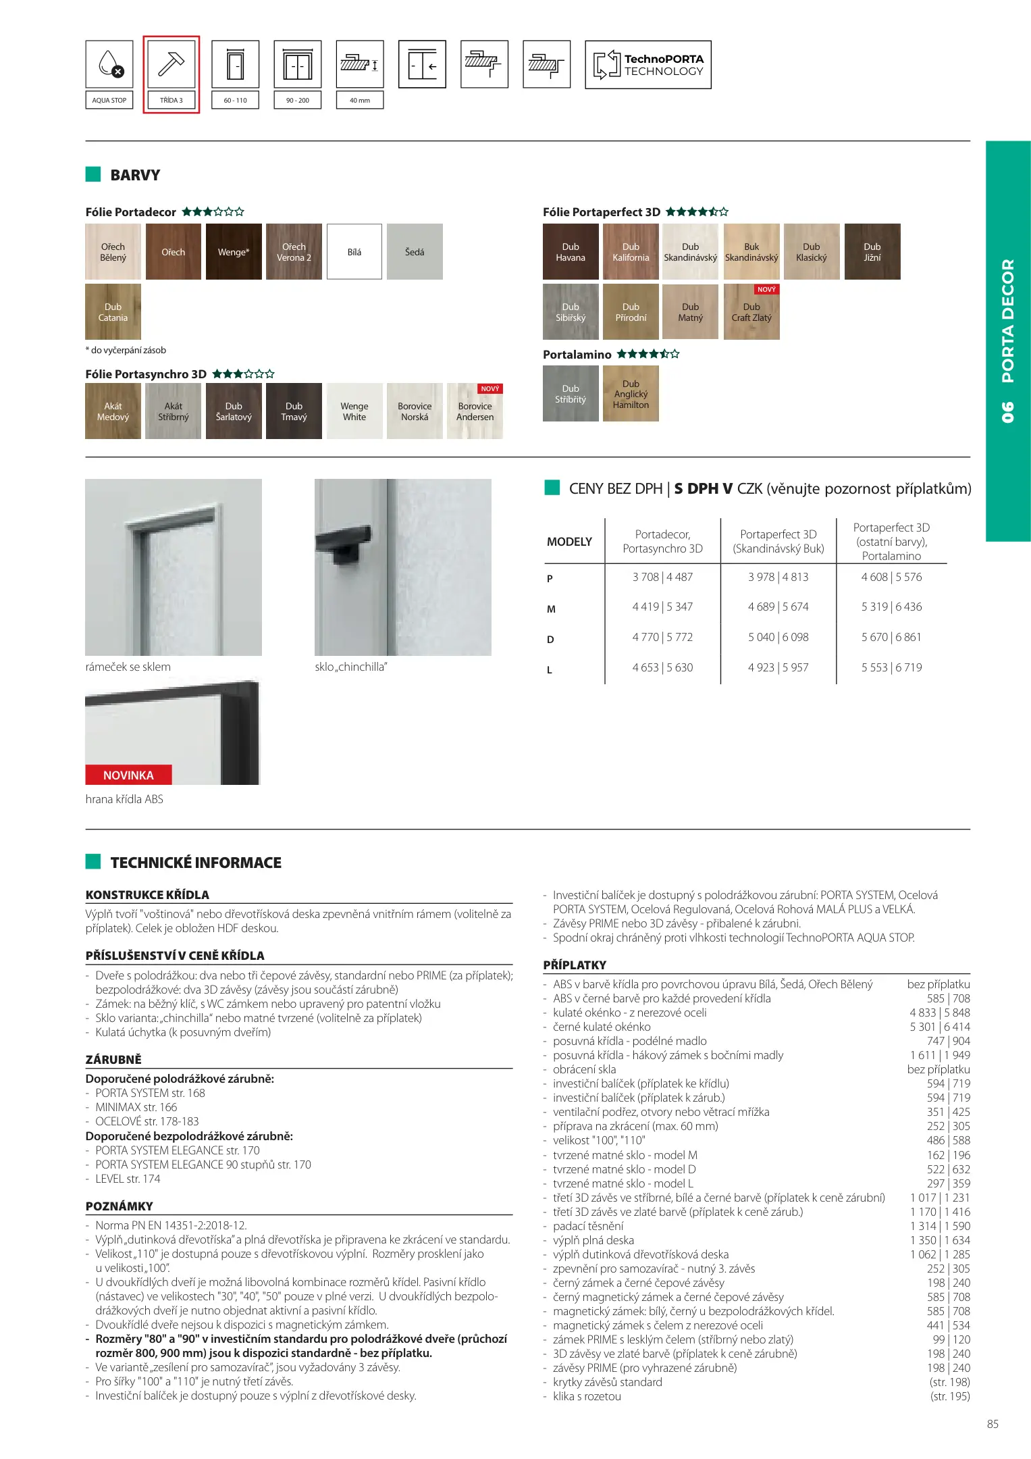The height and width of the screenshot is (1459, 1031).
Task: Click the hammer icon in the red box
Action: tap(171, 64)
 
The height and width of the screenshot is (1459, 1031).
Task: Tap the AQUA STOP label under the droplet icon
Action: tap(109, 100)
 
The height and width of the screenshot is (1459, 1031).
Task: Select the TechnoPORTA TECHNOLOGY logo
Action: tap(648, 65)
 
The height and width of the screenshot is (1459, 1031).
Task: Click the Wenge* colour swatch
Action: tap(234, 252)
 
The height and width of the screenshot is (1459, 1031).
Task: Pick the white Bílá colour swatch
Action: tap(354, 252)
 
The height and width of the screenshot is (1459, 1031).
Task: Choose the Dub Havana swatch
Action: tap(571, 252)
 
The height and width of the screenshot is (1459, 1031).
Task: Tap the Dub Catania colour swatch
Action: tap(113, 312)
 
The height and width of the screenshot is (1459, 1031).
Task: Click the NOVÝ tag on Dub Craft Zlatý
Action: tap(766, 289)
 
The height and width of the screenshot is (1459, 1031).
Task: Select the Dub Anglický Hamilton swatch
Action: tap(631, 394)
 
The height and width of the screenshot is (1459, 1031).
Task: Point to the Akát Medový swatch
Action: tap(113, 411)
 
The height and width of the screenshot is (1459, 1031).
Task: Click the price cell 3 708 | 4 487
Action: tap(662, 577)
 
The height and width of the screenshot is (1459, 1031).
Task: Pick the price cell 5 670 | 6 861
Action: tap(891, 637)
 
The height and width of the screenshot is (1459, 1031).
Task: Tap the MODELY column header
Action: tap(569, 542)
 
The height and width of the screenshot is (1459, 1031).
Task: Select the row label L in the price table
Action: tap(550, 670)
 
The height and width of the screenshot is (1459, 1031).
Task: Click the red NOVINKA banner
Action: tap(128, 775)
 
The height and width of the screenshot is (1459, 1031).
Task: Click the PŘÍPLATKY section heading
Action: tap(575, 965)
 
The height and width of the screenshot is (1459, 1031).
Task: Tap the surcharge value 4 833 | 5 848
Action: tap(939, 1013)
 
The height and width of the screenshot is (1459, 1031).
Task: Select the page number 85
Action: tap(993, 1424)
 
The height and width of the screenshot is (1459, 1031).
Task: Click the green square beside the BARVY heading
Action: tap(93, 174)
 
